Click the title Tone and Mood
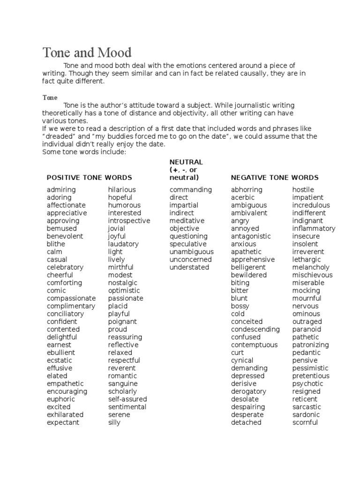click(x=87, y=52)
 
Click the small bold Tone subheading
click(x=50, y=97)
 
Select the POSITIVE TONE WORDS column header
click(x=89, y=178)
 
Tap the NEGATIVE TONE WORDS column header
click(x=275, y=178)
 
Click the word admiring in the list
click(x=61, y=190)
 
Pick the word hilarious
click(x=122, y=190)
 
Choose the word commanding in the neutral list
click(x=191, y=190)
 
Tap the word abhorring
click(x=247, y=190)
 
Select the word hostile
click(x=303, y=190)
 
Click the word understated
click(x=189, y=267)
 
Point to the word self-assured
click(x=127, y=399)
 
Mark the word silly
click(x=114, y=422)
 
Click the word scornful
click(x=305, y=422)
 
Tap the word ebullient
click(x=61, y=352)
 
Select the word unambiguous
click(x=192, y=252)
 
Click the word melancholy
click(x=311, y=267)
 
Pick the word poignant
click(x=122, y=322)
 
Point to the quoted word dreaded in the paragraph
click(x=59, y=136)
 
